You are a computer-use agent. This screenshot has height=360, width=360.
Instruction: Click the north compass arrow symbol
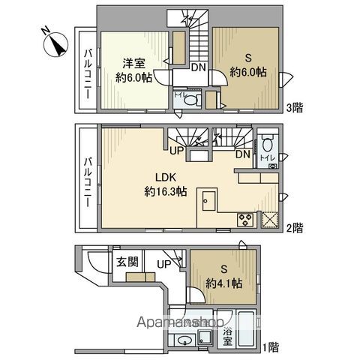53,44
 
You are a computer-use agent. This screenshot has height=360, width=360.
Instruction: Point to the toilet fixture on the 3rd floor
190,99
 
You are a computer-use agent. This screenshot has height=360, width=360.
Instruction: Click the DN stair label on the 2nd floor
243,154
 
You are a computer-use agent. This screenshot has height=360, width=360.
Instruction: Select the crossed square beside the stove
268,220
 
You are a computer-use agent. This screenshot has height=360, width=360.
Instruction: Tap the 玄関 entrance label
126,262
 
